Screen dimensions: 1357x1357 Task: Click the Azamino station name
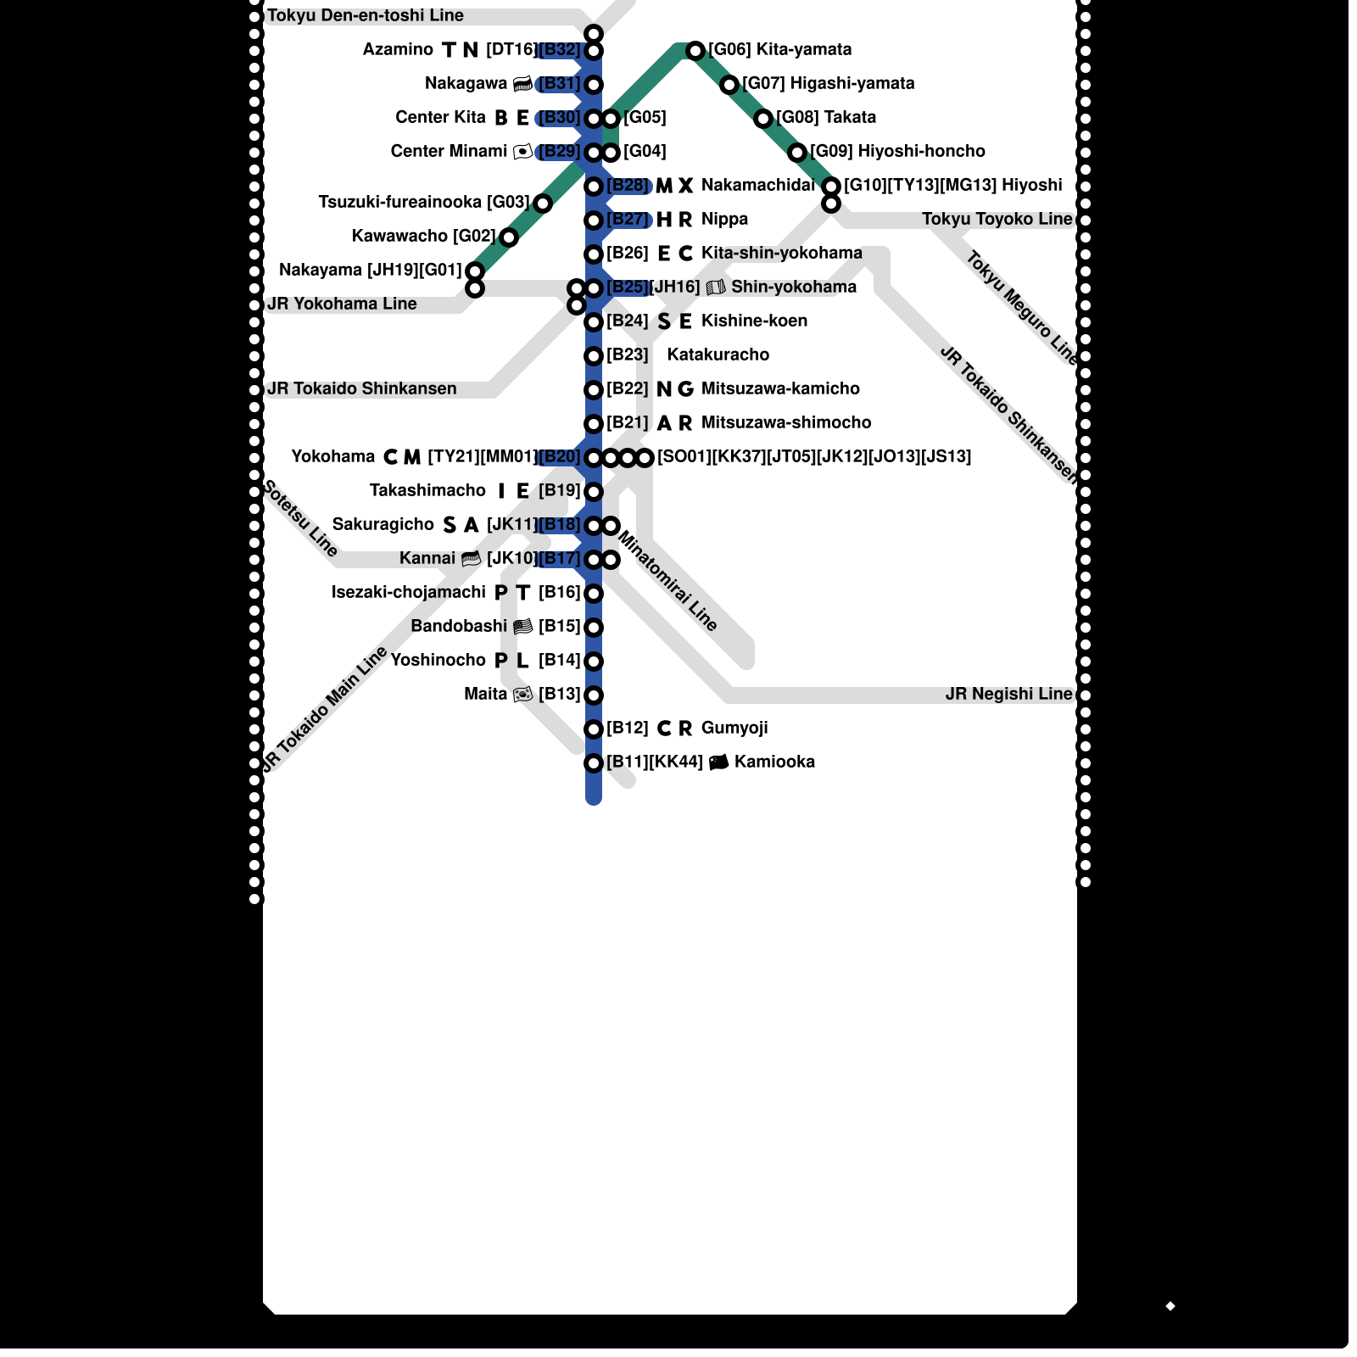point(398,50)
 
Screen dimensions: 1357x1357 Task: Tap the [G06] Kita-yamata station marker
point(695,51)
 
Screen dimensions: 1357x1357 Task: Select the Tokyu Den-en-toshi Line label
point(365,16)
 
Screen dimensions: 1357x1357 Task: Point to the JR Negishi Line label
point(1008,695)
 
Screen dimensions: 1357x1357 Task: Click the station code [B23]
point(628,355)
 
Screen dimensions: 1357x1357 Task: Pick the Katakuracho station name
point(718,355)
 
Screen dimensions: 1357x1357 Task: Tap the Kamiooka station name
point(774,762)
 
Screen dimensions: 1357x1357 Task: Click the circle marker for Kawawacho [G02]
point(509,237)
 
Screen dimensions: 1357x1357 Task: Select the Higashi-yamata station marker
point(729,85)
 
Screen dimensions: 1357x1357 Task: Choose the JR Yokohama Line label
point(342,304)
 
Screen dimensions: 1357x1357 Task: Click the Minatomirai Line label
point(668,581)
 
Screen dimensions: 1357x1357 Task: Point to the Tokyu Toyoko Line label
point(997,220)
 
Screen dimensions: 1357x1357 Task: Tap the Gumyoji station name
point(734,729)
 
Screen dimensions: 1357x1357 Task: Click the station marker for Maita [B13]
point(594,695)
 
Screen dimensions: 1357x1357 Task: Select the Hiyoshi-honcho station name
point(921,152)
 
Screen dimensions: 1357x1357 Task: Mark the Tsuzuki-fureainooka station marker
point(543,204)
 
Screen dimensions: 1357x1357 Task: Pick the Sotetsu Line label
point(300,518)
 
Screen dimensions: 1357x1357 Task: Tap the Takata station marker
point(763,119)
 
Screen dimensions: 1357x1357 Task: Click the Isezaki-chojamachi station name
point(409,593)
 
